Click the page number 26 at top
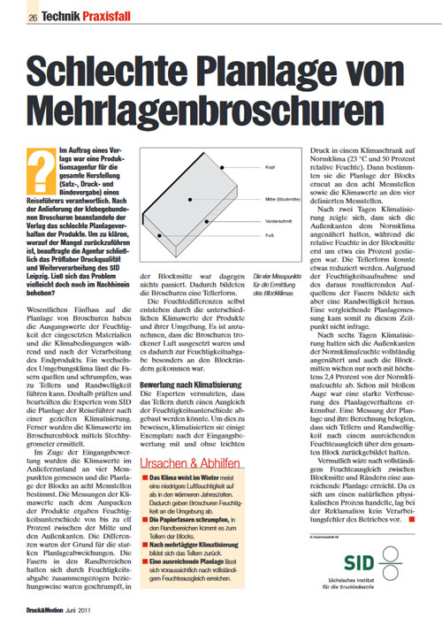point(33,18)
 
